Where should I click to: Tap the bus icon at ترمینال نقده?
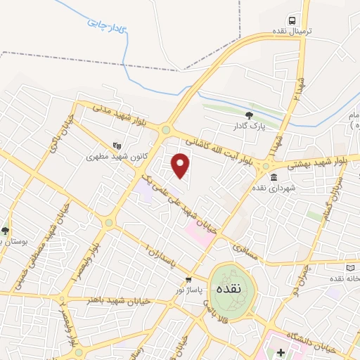292,20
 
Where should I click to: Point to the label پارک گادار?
249,127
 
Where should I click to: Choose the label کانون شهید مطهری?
116,157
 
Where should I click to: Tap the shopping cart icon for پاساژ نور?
188,280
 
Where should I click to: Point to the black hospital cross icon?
280,352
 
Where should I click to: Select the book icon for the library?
351,267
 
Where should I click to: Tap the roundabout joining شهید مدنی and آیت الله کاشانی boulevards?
167,130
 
